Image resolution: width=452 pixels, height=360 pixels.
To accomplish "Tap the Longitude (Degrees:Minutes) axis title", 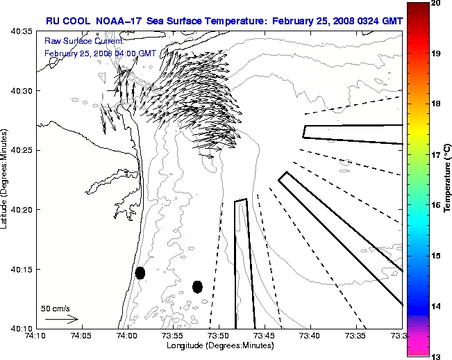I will (218, 346).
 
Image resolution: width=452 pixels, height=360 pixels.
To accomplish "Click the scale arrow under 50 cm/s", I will (61, 319).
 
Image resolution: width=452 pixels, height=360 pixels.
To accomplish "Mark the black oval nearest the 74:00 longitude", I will (140, 272).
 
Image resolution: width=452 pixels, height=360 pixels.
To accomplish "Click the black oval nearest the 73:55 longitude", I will (197, 286).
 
